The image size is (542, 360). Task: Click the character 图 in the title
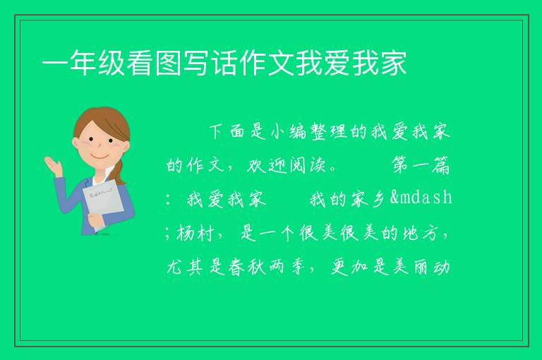coord(168,63)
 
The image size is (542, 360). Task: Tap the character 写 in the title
coord(196,63)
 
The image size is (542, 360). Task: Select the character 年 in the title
coord(83,63)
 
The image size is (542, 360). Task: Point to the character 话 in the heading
coord(224,63)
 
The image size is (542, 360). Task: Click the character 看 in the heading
coord(140,63)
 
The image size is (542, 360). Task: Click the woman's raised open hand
coord(53,165)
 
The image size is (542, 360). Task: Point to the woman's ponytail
coord(119,172)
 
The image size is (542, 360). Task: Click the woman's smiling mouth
coord(99,156)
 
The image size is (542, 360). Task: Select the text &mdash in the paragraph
coord(421,198)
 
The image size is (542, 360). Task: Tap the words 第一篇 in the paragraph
coord(421,165)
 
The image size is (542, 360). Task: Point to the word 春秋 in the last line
coord(247,268)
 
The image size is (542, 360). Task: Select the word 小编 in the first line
coord(288,131)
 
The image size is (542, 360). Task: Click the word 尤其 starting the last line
coord(185,268)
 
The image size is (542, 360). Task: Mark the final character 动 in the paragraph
coord(441,268)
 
